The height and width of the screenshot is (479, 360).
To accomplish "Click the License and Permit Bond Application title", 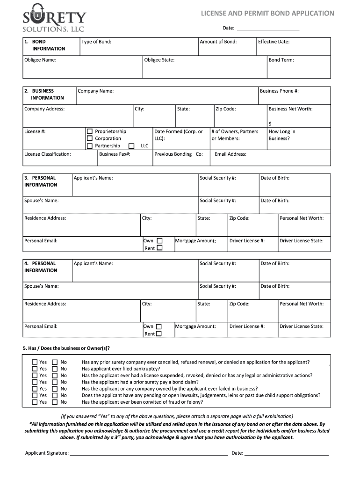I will click(x=267, y=13).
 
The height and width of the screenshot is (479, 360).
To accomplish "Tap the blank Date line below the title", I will click(x=268, y=29).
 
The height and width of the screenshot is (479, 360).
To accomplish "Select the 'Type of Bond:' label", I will click(x=96, y=42).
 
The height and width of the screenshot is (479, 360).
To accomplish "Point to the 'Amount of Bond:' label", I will click(x=218, y=42).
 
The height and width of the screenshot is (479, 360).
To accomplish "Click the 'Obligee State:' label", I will click(x=159, y=60).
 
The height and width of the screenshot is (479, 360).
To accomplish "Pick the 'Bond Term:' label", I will click(x=281, y=60).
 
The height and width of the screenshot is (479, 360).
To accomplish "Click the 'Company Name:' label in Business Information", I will click(x=95, y=91).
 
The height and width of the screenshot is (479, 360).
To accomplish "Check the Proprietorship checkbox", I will click(x=90, y=132).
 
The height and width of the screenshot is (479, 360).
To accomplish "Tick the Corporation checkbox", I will click(x=90, y=138).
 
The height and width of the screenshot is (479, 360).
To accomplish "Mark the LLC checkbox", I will click(x=131, y=145).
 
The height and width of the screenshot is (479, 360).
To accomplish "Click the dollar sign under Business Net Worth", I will click(x=270, y=124).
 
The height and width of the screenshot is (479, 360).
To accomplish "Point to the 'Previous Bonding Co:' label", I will click(x=178, y=154).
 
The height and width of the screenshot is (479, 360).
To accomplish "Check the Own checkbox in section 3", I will click(x=159, y=241).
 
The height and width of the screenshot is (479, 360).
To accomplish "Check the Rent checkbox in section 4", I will click(x=159, y=334).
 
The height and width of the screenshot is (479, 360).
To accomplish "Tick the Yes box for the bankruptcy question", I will click(x=35, y=369).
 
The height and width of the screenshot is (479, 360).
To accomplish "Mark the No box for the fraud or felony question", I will click(x=55, y=402).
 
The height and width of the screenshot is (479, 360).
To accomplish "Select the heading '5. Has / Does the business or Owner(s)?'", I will click(x=67, y=348).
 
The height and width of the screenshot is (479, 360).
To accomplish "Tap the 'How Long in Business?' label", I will click(x=281, y=135).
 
